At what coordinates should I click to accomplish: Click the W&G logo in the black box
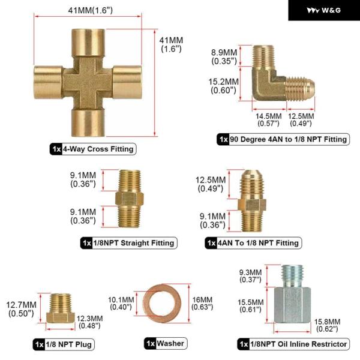pyautogui.click(x=323, y=10)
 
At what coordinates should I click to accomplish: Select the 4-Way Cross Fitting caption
pyautogui.click(x=93, y=149)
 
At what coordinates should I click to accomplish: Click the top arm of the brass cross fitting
pyautogui.click(x=88, y=43)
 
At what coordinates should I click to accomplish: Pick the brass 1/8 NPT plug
pyautogui.click(x=61, y=308)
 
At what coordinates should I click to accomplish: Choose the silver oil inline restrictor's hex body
pyautogui.click(x=293, y=305)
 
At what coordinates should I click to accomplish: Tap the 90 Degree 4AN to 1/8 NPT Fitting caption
pyautogui.click(x=283, y=139)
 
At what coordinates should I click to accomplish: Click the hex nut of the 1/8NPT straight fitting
pyautogui.click(x=129, y=199)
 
